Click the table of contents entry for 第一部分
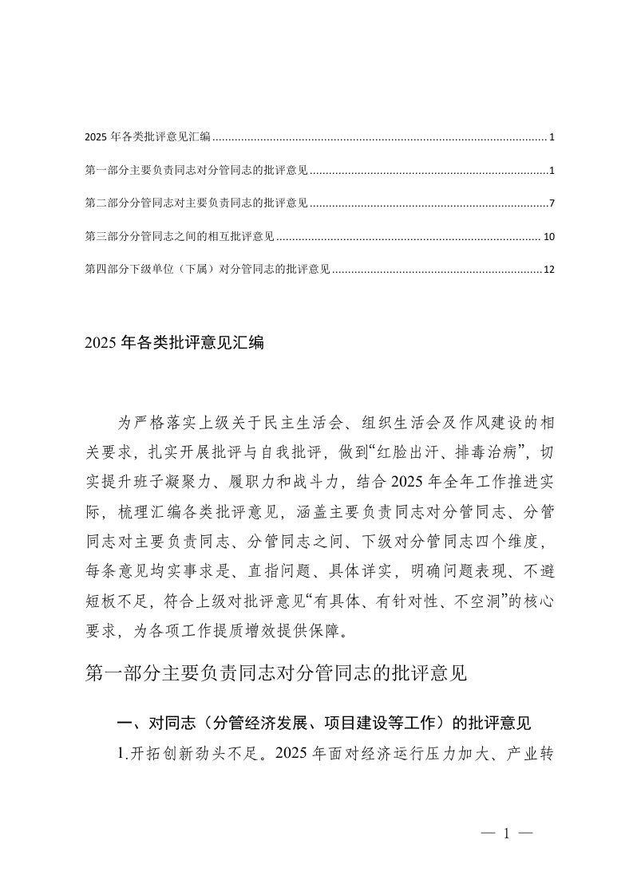click(x=196, y=171)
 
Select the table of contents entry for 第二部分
click(x=196, y=203)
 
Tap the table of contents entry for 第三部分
click(x=180, y=237)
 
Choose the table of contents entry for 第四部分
click(x=208, y=270)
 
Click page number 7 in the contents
click(x=552, y=203)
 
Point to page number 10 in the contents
click(x=548, y=237)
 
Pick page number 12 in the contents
click(x=548, y=270)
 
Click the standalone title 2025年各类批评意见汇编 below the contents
click(x=173, y=344)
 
